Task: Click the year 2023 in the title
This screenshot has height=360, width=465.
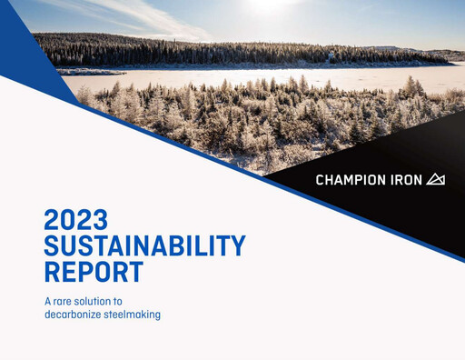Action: tap(76, 220)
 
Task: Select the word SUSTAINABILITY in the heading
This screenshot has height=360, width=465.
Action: tap(144, 245)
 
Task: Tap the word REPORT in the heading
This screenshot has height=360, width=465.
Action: tap(94, 272)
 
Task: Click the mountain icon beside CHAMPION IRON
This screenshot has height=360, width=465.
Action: tap(436, 179)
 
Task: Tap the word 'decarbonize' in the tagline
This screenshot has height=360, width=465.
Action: tap(75, 315)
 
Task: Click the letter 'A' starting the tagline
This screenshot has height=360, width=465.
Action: tap(47, 301)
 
